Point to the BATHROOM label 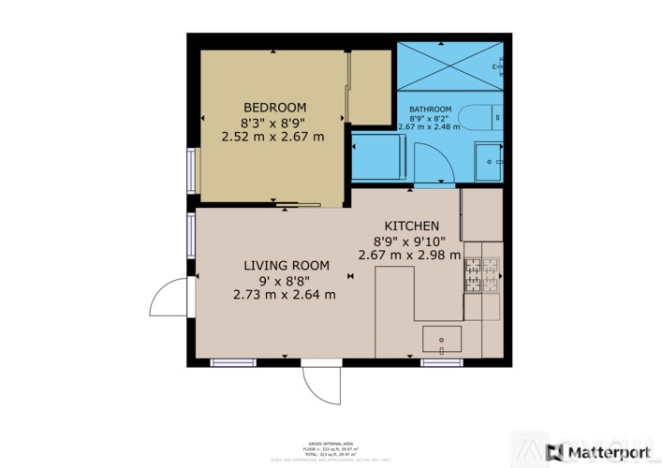[430, 110]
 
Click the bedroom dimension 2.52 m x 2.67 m [272, 136]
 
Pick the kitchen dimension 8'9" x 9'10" [409, 241]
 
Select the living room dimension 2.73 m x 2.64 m [284, 294]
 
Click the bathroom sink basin [488, 161]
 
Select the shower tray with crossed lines [449, 66]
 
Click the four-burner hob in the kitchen [481, 274]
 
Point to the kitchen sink [442, 337]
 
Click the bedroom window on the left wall [191, 170]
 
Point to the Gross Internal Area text [330, 443]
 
